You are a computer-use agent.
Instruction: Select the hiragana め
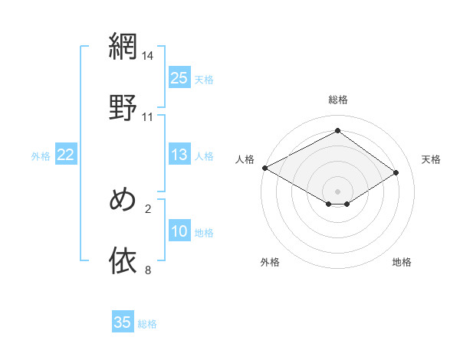pos(123,200)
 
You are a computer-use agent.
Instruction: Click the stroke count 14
pos(148,57)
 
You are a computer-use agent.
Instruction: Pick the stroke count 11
pos(148,116)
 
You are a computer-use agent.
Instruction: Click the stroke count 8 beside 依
pos(148,270)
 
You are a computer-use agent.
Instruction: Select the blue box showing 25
pos(179,78)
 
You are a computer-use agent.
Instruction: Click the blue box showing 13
pos(179,155)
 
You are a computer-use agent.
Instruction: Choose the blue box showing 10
pos(179,231)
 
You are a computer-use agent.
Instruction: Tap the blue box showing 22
pos(66,155)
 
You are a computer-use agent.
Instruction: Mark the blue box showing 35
pos(123,322)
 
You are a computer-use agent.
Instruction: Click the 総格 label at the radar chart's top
pos(338,100)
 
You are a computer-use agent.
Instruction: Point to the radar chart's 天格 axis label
pos(431,159)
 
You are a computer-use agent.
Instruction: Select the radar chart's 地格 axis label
pos(402,262)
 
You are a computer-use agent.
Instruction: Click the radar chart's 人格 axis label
pos(245,159)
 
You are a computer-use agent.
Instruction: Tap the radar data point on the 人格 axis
pos(264,168)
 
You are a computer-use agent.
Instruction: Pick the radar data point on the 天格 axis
pos(396,173)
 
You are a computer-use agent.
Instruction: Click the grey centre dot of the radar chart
pos(338,191)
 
